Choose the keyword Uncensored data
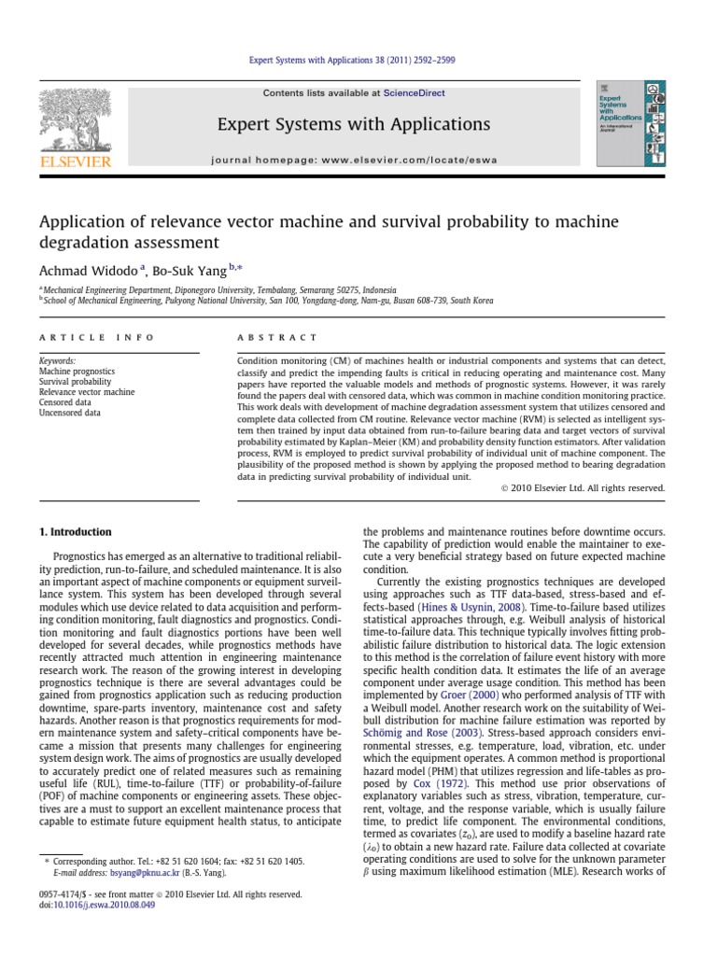pos(71,414)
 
